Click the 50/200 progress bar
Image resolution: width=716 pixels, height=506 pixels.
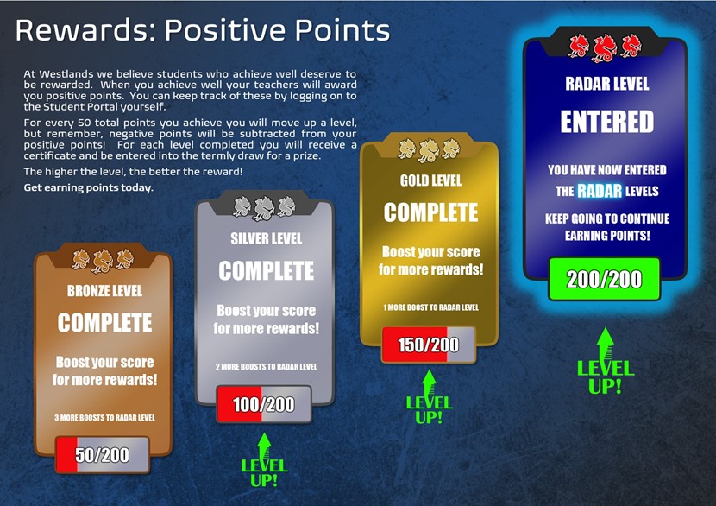[103, 454]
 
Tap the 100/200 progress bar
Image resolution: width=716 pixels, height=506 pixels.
[264, 404]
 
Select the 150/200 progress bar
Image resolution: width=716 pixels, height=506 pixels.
[429, 345]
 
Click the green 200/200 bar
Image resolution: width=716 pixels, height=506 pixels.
[604, 279]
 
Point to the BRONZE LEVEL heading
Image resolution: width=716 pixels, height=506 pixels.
[104, 291]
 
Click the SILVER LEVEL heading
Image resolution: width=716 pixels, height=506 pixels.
[267, 238]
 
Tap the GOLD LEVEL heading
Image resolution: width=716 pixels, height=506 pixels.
[430, 180]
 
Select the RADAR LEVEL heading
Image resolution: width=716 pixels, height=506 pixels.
[606, 84]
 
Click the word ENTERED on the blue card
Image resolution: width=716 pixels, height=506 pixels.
[606, 122]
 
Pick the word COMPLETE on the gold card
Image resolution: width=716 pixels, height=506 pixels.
[430, 212]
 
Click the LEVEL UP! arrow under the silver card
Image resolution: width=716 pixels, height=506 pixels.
[264, 460]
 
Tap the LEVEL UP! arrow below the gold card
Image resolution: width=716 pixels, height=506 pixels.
[429, 396]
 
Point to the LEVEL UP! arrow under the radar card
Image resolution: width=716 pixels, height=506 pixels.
[606, 361]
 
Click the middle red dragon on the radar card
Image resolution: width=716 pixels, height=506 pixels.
[605, 47]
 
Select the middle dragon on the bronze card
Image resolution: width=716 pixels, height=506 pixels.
[103, 261]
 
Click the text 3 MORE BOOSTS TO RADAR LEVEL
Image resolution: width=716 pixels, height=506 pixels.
[104, 417]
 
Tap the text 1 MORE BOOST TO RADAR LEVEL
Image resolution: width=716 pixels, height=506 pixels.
[430, 307]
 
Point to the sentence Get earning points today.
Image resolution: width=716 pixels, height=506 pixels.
[89, 188]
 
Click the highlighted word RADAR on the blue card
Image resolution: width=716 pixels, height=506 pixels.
[600, 191]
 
